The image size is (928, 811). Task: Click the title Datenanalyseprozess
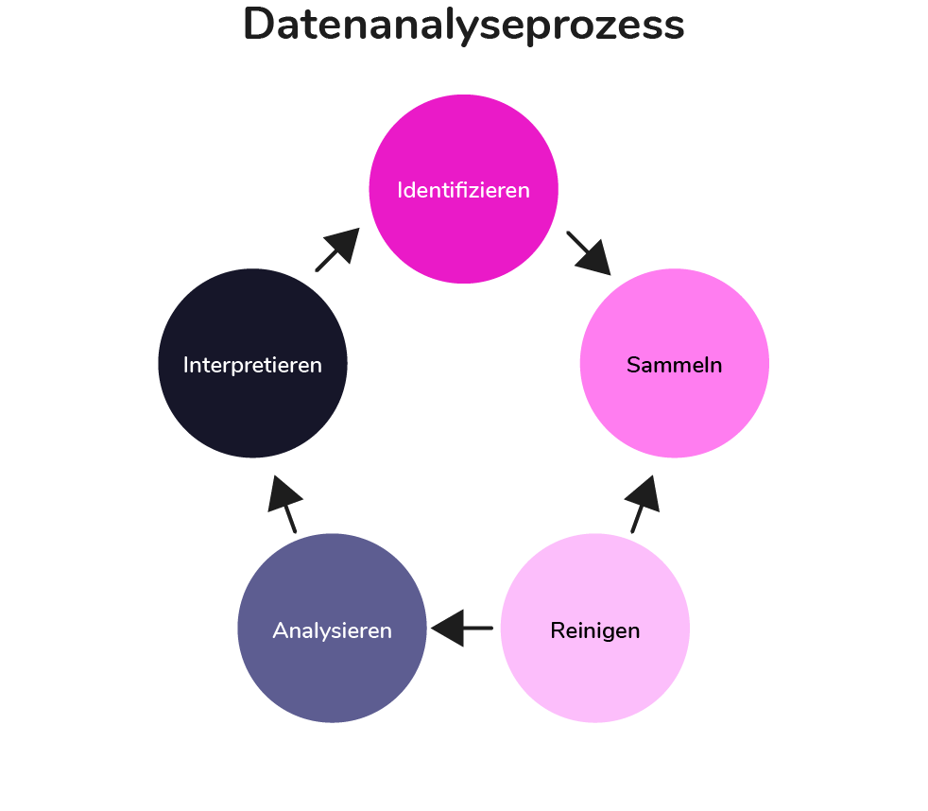click(x=463, y=26)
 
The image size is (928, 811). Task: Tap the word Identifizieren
click(x=463, y=190)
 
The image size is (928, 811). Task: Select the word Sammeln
click(x=674, y=365)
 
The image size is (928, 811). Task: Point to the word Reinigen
click(x=594, y=630)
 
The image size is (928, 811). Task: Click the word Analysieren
click(x=332, y=630)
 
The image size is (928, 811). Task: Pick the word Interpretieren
click(x=252, y=365)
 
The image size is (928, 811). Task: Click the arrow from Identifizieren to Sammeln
click(x=588, y=252)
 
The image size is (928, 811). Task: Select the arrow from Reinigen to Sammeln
click(x=643, y=505)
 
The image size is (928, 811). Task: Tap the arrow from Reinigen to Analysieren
click(x=461, y=628)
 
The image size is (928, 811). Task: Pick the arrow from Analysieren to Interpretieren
click(x=285, y=505)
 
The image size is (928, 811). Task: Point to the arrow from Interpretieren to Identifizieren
click(x=336, y=250)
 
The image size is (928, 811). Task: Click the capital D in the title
click(x=259, y=26)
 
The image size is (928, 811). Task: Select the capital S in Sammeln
click(x=633, y=365)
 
